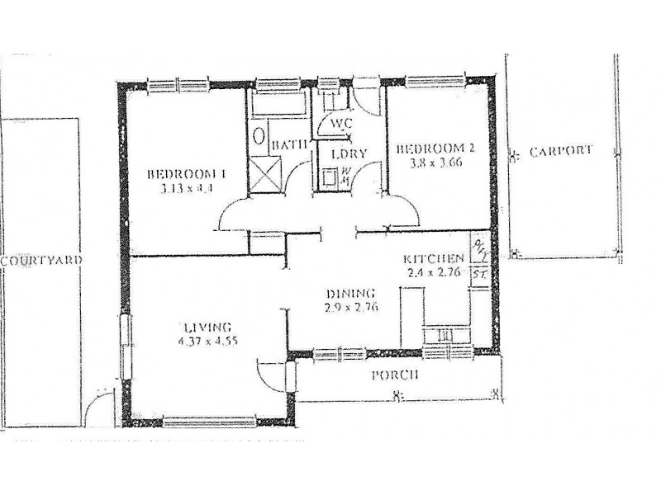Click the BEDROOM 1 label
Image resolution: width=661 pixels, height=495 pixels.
pyautogui.click(x=187, y=174)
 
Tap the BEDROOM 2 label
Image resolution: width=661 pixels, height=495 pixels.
pyautogui.click(x=435, y=149)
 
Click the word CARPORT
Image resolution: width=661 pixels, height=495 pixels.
pyautogui.click(x=561, y=151)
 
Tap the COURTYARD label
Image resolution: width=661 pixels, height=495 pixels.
pyautogui.click(x=40, y=260)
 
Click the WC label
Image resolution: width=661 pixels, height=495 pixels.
pyautogui.click(x=341, y=123)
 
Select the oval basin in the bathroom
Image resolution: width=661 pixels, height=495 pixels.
pyautogui.click(x=259, y=136)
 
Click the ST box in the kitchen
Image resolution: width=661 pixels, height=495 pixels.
pyautogui.click(x=480, y=273)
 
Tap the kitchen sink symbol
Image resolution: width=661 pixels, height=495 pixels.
pyautogui.click(x=444, y=335)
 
